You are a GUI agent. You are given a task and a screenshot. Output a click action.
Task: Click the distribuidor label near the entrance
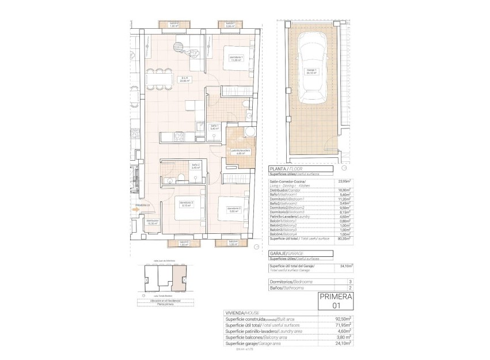[x=152, y=222]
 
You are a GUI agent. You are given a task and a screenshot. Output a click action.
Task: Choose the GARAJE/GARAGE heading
[x=287, y=254]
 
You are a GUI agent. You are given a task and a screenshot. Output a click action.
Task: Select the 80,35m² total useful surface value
[x=343, y=238]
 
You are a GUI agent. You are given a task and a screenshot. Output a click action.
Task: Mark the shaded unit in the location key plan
[x=181, y=282]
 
